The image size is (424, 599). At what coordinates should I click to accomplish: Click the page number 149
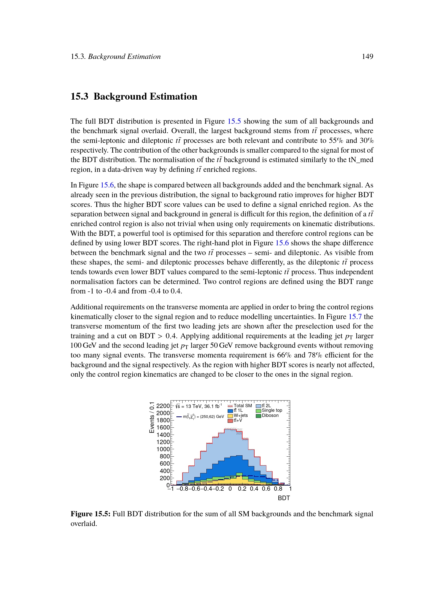(367, 56)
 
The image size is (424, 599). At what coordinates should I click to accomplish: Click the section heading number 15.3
(79, 96)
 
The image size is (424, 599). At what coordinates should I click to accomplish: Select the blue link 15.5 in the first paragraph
(234, 121)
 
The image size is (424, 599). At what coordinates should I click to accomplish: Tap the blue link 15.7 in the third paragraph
(355, 317)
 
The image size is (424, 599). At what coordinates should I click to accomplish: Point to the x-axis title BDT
(284, 498)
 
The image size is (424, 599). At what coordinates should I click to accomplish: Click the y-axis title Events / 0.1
(152, 417)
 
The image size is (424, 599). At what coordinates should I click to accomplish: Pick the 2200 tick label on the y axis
(163, 406)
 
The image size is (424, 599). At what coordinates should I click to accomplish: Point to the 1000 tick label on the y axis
(163, 449)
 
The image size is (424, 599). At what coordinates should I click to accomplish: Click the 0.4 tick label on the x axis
(254, 489)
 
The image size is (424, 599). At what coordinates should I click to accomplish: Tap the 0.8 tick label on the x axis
(278, 489)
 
